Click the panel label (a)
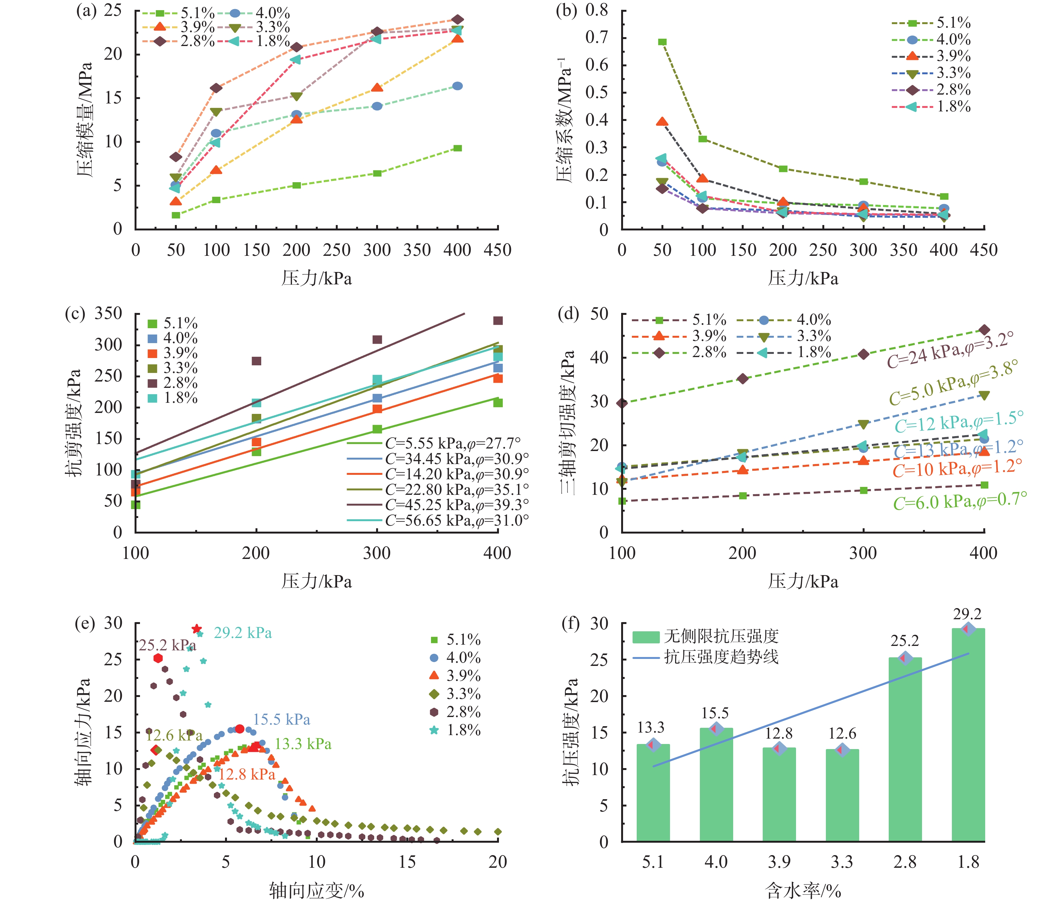[x=86, y=11]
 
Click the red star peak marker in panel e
[x=196, y=629]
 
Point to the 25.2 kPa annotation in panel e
[x=167, y=645]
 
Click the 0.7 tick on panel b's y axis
[x=596, y=37]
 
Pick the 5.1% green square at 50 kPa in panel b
[x=662, y=42]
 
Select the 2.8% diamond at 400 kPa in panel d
[x=983, y=330]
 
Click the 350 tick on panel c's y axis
[x=108, y=313]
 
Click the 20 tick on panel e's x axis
[x=497, y=862]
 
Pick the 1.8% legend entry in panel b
[x=932, y=106]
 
